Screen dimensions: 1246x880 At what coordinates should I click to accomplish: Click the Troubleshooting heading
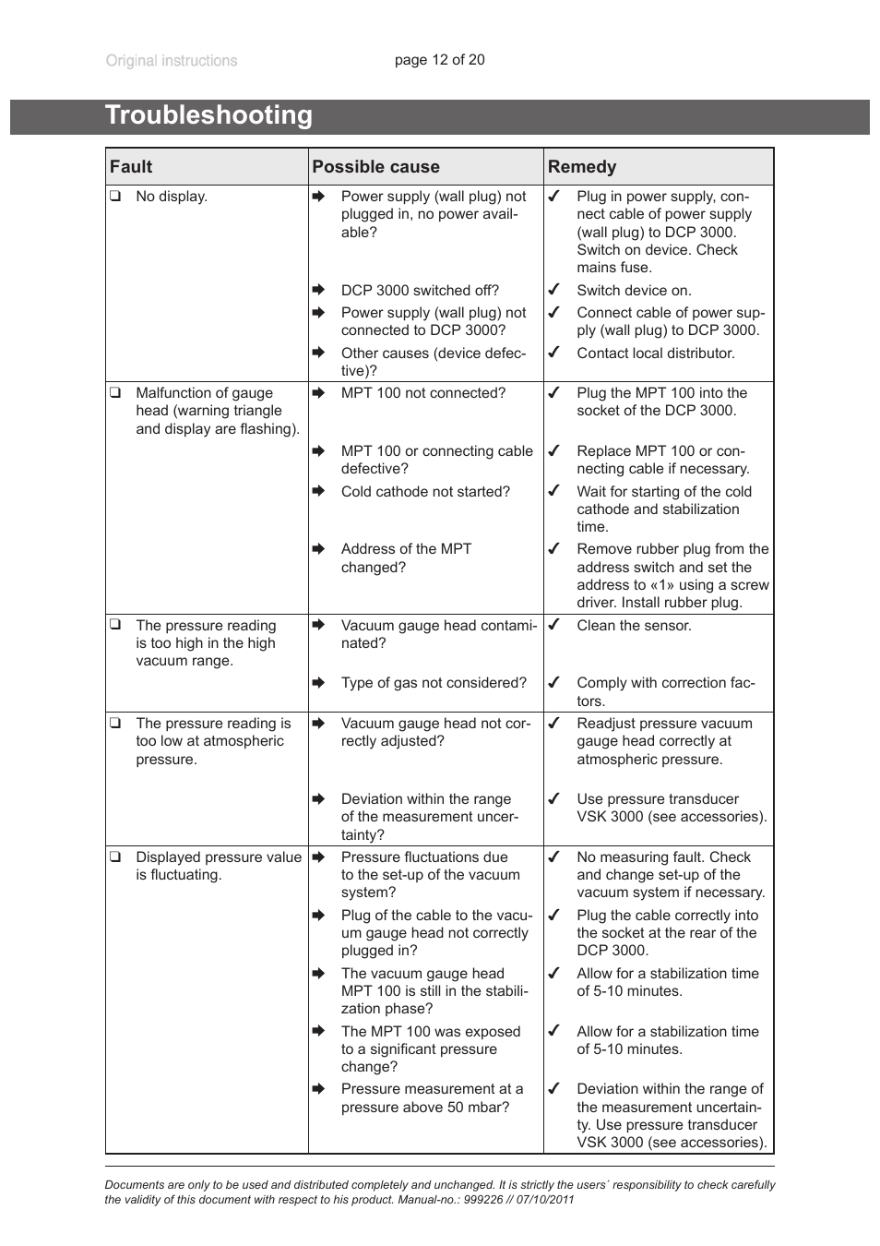point(208,115)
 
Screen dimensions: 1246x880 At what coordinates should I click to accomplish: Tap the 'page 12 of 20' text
point(439,60)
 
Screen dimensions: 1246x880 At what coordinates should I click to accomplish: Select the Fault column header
point(131,167)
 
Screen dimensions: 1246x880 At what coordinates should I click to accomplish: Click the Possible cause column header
point(375,167)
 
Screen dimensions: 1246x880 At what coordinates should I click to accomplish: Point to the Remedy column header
point(581,167)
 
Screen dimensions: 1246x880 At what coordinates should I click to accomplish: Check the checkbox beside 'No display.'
point(115,196)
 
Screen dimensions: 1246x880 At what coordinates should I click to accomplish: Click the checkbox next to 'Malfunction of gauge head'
point(115,392)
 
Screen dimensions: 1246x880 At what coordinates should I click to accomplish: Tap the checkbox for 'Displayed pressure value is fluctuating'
point(115,857)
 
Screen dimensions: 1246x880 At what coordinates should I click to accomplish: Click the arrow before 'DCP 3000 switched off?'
point(318,290)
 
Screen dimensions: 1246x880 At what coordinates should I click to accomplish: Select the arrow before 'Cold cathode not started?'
point(318,491)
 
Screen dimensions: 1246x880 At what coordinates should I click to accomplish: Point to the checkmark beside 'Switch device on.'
point(553,290)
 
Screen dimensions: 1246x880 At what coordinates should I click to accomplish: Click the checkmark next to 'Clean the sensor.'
point(553,625)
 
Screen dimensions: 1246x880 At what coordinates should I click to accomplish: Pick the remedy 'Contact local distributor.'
point(655,353)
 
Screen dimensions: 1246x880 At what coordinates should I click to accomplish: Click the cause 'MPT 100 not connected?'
point(422,393)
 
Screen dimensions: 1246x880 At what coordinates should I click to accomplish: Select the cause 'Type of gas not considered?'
point(434,683)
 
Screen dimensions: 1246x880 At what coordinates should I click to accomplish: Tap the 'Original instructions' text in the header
point(172,61)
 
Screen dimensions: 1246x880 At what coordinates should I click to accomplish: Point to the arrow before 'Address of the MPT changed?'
point(318,549)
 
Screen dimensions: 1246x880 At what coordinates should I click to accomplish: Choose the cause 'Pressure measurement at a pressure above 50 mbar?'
point(431,1098)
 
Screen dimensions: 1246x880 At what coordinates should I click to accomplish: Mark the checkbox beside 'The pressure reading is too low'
point(115,723)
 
